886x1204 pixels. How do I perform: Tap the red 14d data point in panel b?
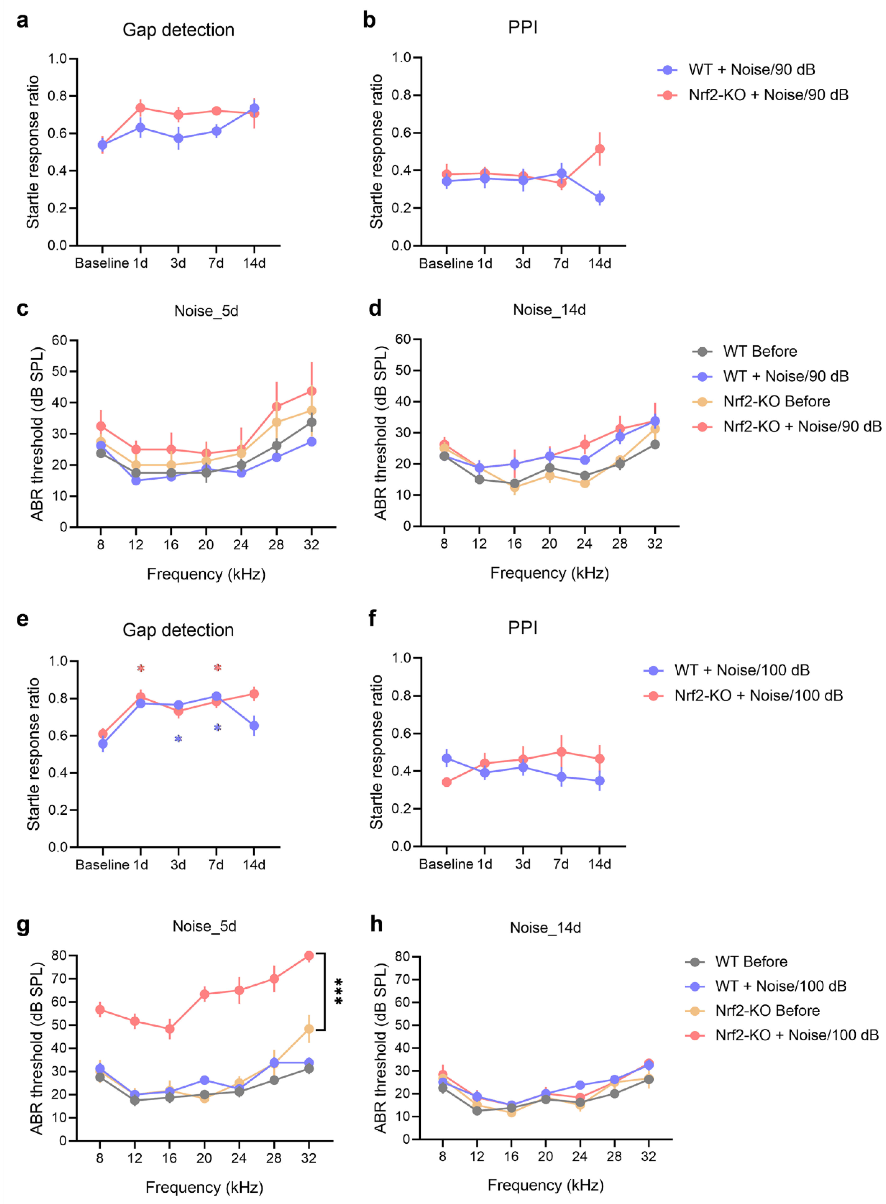click(600, 149)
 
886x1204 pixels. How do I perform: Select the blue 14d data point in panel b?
click(600, 198)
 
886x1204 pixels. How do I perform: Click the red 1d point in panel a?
click(140, 108)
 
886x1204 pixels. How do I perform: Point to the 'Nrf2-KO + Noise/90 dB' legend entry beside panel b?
click(768, 95)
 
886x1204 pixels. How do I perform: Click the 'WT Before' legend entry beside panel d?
click(760, 351)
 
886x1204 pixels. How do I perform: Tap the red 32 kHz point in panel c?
click(311, 391)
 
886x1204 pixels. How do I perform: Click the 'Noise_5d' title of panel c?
click(206, 311)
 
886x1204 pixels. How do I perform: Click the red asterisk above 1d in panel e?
click(140, 668)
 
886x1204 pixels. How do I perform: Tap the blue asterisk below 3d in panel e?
click(178, 739)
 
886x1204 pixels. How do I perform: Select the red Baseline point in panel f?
click(446, 782)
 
